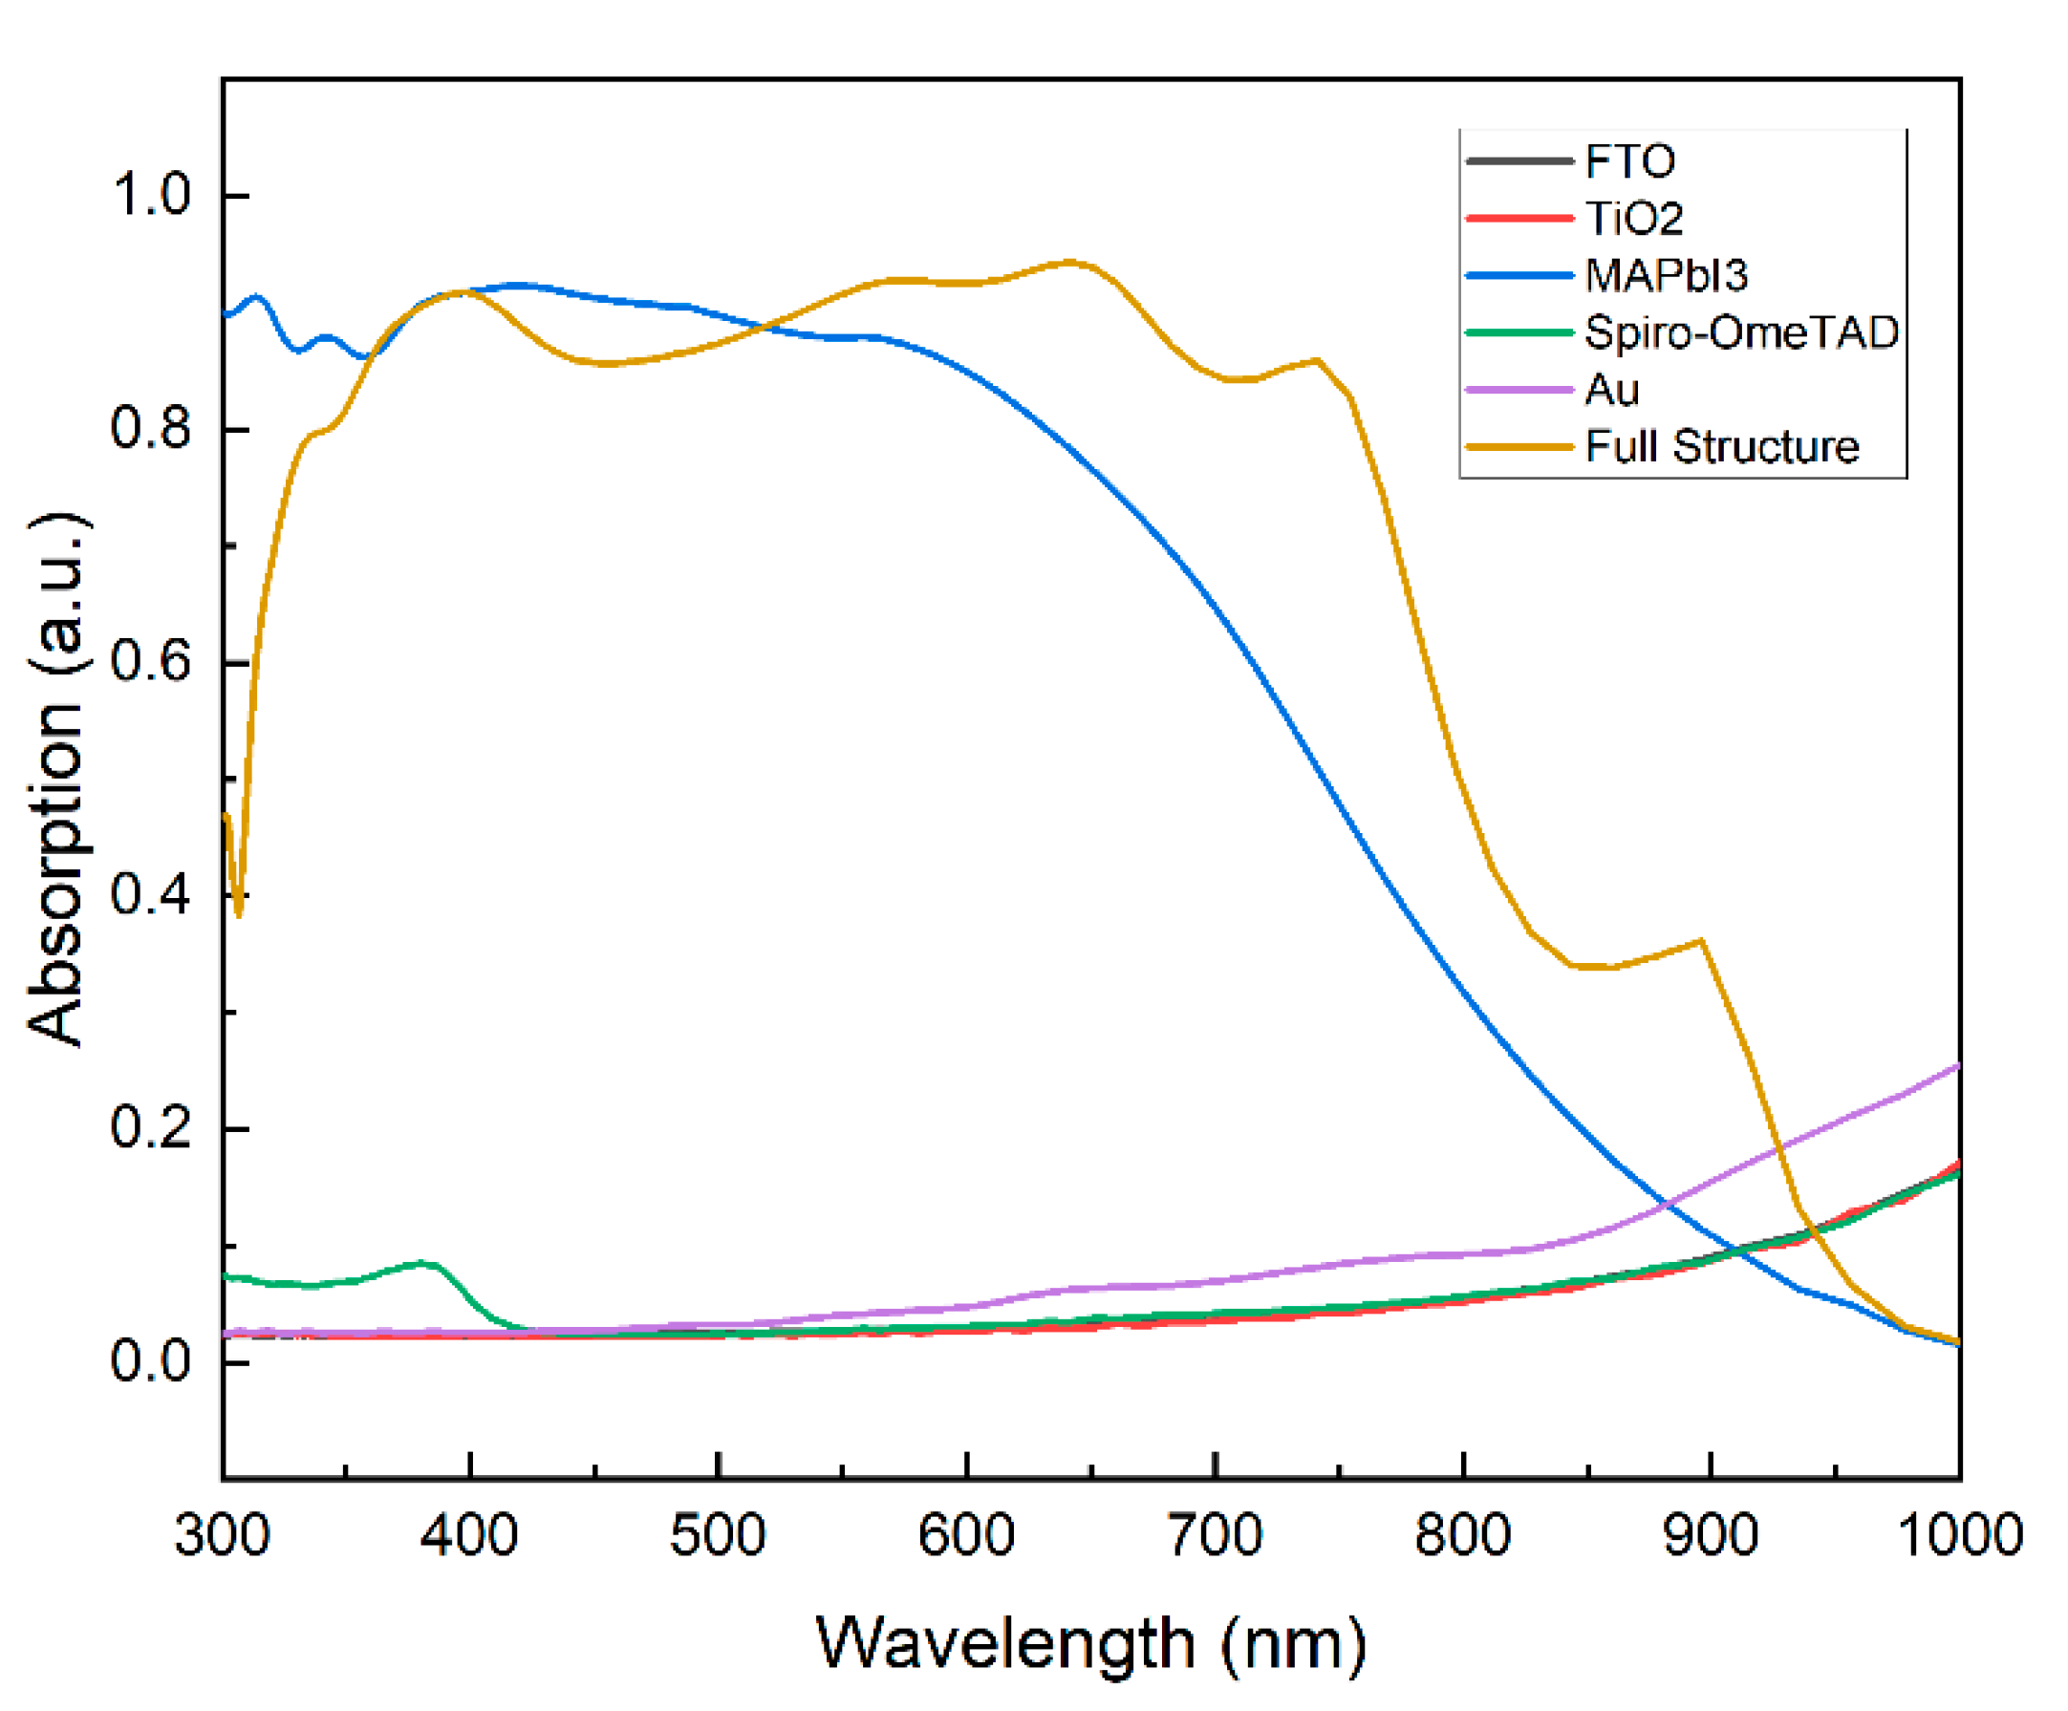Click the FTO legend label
[1628, 160]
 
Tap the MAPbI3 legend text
[1666, 275]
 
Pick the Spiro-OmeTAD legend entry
[1741, 332]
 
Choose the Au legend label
[1611, 390]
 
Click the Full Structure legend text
[1721, 446]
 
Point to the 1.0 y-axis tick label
[151, 194]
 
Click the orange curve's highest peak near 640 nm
[1070, 262]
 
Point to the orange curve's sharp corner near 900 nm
[1701, 941]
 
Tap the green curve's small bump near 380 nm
[423, 1262]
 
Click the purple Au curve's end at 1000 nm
[1957, 1066]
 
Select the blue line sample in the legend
[1519, 276]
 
